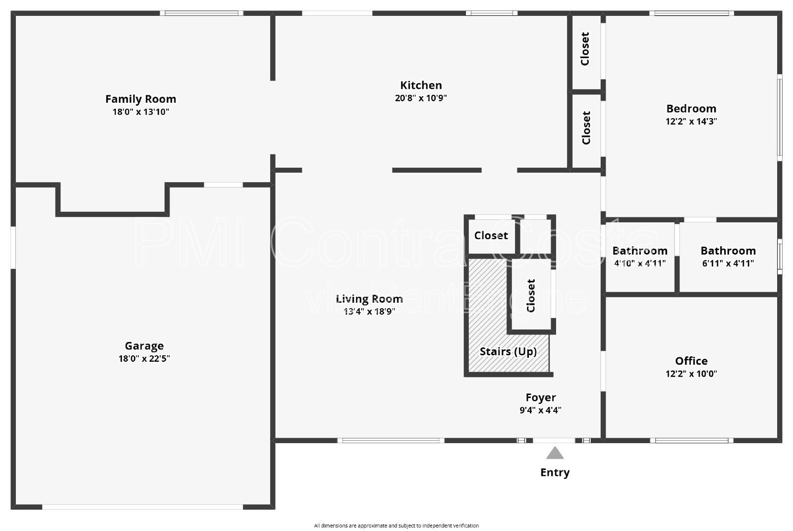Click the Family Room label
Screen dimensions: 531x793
coord(140,99)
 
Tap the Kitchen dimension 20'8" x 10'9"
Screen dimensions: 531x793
coord(421,98)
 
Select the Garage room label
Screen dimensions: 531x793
coord(144,346)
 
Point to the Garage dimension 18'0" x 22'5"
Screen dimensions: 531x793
coord(144,359)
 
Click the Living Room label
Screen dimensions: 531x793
coord(369,299)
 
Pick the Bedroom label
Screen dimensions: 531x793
coord(691,109)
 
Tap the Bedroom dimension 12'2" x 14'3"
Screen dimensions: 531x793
coord(691,122)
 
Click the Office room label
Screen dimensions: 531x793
coord(691,361)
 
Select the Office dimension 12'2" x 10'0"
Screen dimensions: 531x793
coord(691,374)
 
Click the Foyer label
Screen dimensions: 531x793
coord(540,398)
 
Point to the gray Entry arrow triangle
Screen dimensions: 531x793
coord(555,453)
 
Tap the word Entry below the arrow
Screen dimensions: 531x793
coord(555,472)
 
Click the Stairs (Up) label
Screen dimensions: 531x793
coord(508,352)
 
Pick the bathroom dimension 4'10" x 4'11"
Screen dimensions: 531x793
coord(639,264)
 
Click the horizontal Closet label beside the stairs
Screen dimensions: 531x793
coord(491,236)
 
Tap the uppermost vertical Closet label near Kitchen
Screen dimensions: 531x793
coord(585,49)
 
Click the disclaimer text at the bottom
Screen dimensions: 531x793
coord(396,526)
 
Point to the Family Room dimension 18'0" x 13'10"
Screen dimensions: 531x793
coord(140,112)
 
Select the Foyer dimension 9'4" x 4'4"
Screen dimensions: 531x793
coord(540,410)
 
